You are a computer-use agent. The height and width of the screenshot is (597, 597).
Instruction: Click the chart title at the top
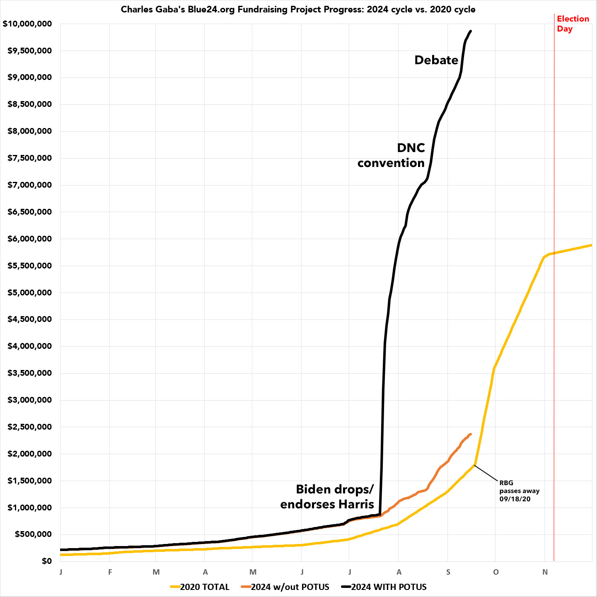pyautogui.click(x=298, y=9)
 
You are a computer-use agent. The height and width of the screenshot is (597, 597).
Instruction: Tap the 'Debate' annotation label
pyautogui.click(x=436, y=60)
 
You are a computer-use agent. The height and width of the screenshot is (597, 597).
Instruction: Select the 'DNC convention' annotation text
pyautogui.click(x=392, y=155)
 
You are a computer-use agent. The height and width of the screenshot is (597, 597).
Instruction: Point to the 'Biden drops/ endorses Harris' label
pyautogui.click(x=327, y=496)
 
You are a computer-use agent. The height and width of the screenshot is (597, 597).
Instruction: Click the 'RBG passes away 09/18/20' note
pyautogui.click(x=519, y=491)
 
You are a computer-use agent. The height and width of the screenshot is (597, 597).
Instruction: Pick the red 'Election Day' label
pyautogui.click(x=573, y=24)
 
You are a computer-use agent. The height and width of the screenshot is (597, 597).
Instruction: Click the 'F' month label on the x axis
pyautogui.click(x=110, y=572)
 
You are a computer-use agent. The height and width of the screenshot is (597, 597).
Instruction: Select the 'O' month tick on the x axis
pyautogui.click(x=496, y=572)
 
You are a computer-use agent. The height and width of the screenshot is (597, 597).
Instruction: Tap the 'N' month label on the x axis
pyautogui.click(x=545, y=572)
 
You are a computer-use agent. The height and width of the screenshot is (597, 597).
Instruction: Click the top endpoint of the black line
pyautogui.click(x=471, y=31)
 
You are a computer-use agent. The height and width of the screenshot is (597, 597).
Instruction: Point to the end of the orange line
pyautogui.click(x=471, y=434)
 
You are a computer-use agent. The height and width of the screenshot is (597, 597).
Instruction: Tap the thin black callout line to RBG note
pyautogui.click(x=486, y=473)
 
